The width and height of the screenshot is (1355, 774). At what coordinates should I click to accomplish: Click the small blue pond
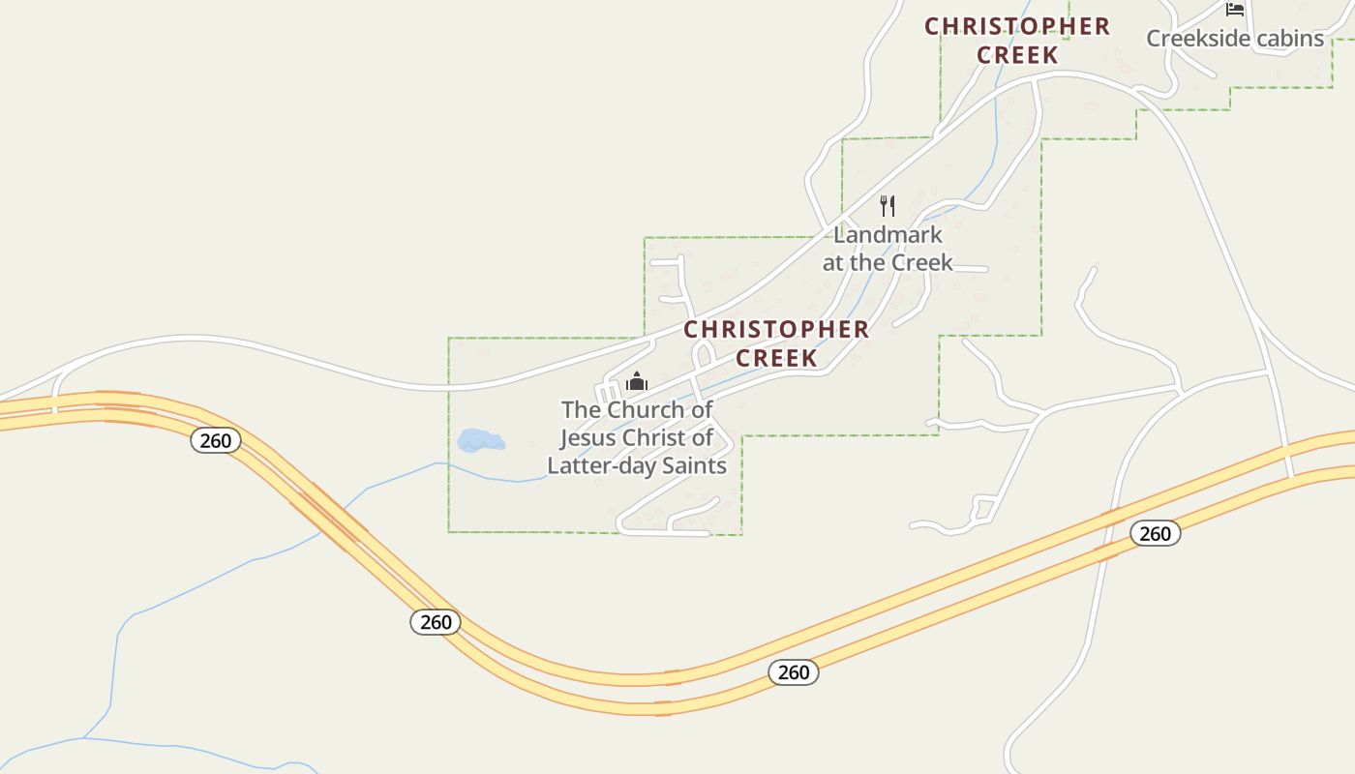pyautogui.click(x=481, y=441)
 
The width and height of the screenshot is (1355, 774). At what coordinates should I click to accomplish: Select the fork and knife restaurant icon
pyautogui.click(x=887, y=205)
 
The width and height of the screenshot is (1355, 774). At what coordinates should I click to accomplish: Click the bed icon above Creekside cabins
pyautogui.click(x=1234, y=9)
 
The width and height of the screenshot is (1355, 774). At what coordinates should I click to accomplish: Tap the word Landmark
pyautogui.click(x=888, y=235)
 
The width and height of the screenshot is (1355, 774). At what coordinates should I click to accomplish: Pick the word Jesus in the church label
pyautogui.click(x=587, y=437)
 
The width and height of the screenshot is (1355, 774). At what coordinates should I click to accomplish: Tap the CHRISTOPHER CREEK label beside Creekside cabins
pyautogui.click(x=1017, y=41)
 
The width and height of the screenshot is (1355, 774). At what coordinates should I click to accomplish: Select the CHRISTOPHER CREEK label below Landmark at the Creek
pyautogui.click(x=776, y=343)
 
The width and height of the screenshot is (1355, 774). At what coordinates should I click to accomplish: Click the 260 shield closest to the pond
pyautogui.click(x=215, y=441)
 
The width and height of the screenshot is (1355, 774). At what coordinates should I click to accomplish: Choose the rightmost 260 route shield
pyautogui.click(x=1155, y=533)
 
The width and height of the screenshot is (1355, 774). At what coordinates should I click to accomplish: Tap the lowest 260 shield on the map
pyautogui.click(x=794, y=672)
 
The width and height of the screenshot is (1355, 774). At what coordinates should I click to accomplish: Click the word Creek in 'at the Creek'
pyautogui.click(x=922, y=262)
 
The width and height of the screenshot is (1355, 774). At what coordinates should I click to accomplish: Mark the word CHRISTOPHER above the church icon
pyautogui.click(x=776, y=330)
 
